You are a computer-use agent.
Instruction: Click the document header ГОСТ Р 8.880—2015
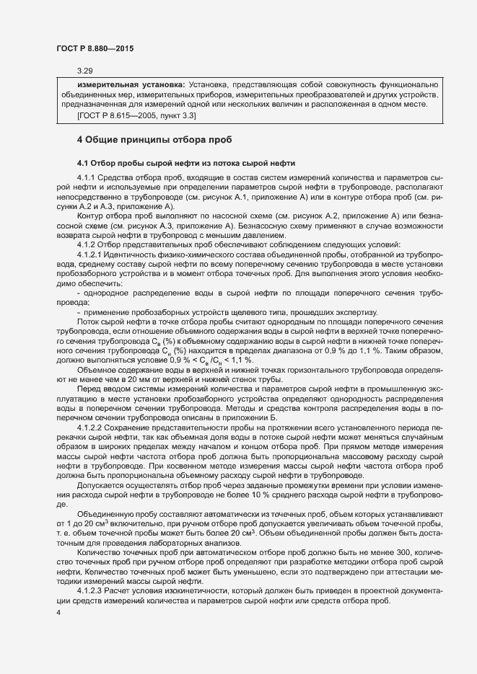click(94, 49)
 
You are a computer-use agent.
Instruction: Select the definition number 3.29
click(85, 71)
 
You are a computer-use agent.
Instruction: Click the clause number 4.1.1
click(86, 177)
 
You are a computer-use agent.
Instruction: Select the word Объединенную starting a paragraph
click(105, 513)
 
